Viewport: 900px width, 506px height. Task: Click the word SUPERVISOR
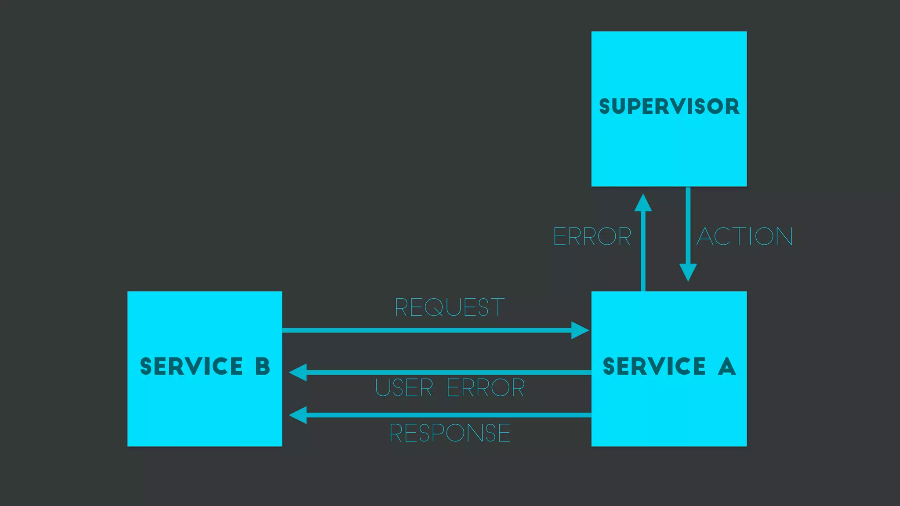pos(669,107)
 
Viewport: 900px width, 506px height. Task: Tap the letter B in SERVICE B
pos(262,366)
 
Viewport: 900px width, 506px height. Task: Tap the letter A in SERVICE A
pos(727,366)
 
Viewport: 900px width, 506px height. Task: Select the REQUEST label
pos(449,307)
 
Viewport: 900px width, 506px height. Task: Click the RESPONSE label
pos(450,433)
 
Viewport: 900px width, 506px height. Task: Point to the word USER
pos(404,388)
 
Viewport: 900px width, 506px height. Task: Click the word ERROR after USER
pos(486,388)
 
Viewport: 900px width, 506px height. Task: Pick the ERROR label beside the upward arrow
pos(592,237)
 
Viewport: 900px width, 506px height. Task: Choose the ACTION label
pos(745,237)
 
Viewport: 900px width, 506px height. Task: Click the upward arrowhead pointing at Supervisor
pos(643,203)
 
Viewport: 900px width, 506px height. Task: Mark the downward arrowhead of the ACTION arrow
pos(688,271)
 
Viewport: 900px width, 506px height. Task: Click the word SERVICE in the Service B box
pos(191,366)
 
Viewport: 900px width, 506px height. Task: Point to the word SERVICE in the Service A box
pos(654,366)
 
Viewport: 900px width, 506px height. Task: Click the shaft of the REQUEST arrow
pos(426,330)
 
